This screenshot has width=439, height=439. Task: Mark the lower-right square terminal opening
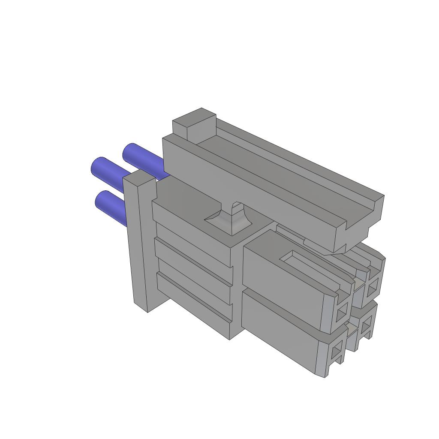(365, 328)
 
